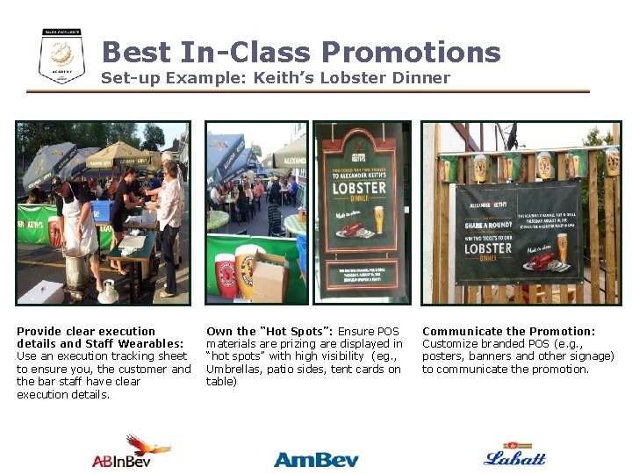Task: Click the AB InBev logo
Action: point(132,451)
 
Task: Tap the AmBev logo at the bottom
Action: point(316,458)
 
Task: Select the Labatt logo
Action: point(514,454)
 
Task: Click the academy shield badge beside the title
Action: point(61,56)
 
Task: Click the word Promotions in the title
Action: point(411,52)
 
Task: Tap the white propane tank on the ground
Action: point(109,291)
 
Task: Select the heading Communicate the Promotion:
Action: point(508,331)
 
